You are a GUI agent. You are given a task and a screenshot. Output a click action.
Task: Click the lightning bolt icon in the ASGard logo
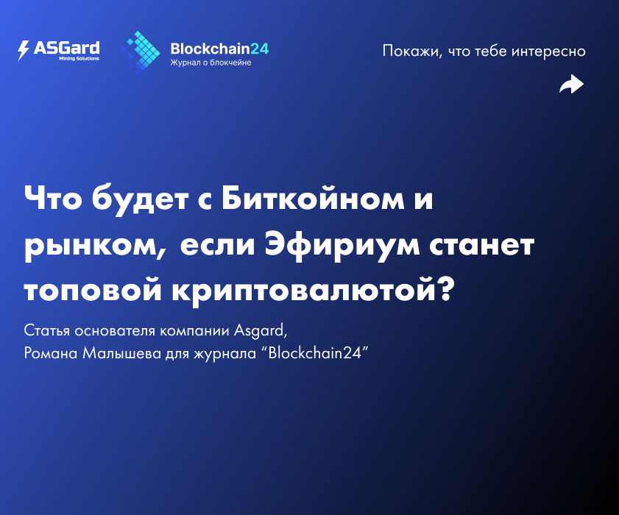24,51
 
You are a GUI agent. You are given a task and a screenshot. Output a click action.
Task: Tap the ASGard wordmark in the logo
67,48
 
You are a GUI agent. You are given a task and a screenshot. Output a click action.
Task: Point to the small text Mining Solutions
79,58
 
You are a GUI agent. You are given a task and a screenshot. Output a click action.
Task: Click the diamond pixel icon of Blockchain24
140,53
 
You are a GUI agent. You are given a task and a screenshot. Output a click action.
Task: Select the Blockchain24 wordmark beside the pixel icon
219,49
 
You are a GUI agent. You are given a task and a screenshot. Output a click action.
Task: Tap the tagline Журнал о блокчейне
211,63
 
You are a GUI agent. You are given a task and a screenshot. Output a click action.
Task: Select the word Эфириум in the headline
342,246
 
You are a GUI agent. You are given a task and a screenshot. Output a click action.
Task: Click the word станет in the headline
481,246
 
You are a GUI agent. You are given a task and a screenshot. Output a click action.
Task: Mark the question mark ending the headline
447,288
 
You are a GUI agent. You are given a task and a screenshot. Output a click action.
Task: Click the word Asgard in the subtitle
261,331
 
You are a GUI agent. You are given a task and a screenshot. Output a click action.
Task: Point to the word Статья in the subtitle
46,330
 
